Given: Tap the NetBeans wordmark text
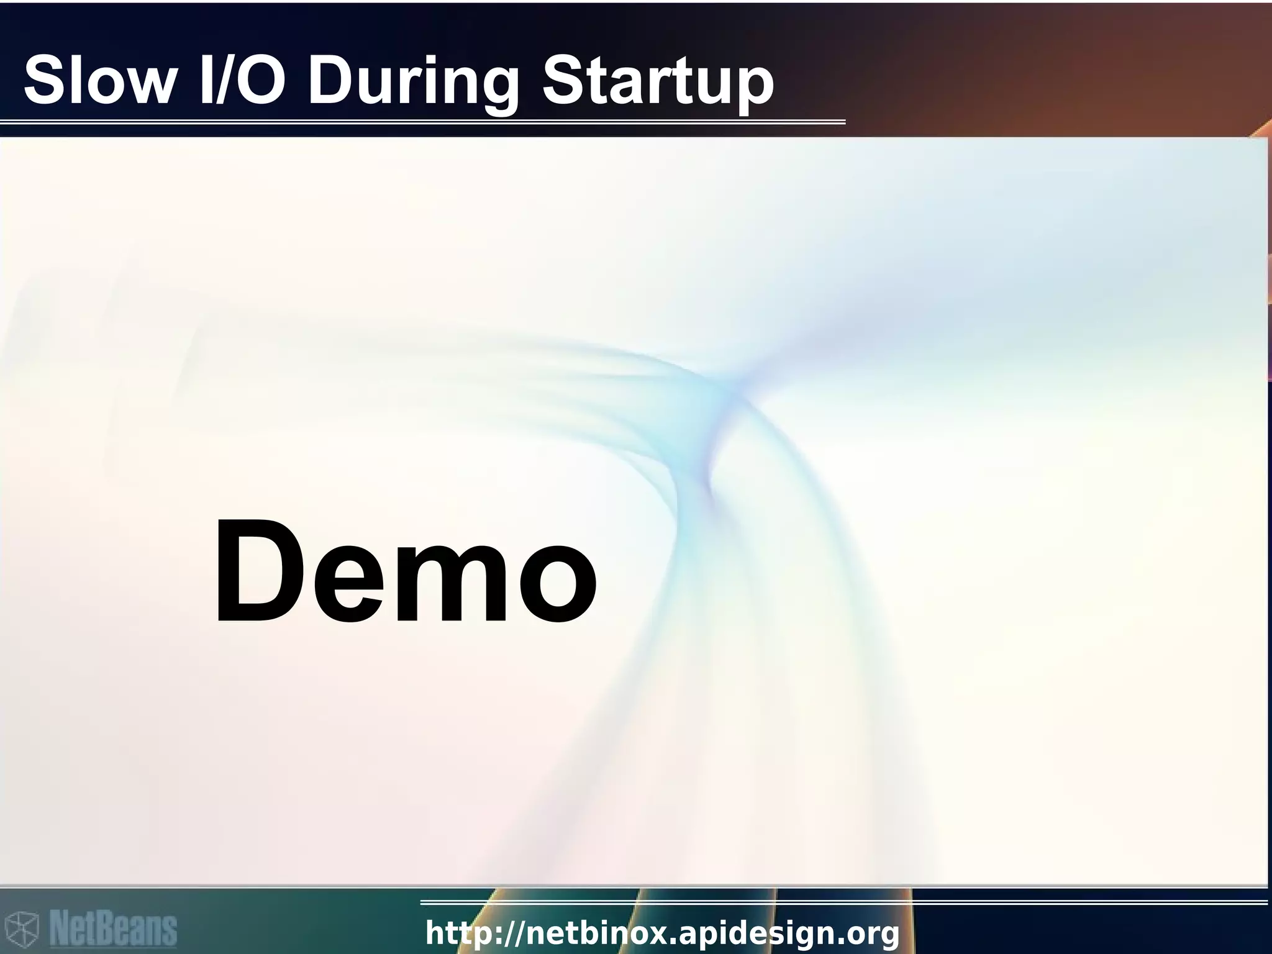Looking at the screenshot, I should tap(113, 929).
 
